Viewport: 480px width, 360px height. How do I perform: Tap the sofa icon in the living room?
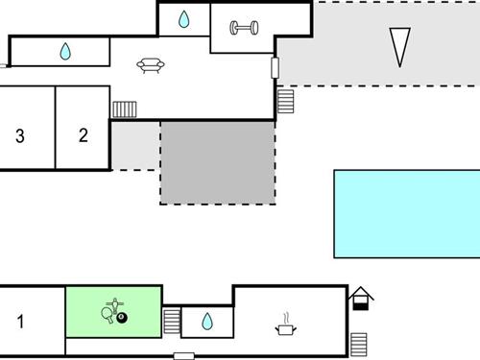150,65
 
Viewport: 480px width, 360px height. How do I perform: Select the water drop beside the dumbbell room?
183,19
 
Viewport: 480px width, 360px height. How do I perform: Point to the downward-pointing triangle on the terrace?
399,46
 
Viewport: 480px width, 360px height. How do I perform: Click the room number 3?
20,136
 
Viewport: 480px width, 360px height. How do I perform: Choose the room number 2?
83,135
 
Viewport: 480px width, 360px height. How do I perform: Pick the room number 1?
21,323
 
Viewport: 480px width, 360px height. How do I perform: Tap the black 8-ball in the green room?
123,318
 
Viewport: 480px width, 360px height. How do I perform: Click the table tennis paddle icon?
108,312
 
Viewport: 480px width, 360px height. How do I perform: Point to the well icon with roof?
361,299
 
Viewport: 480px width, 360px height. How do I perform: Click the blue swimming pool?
406,214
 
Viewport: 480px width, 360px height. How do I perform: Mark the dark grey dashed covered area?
217,162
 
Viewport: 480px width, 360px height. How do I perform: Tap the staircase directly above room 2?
125,109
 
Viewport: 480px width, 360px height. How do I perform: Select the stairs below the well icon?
359,343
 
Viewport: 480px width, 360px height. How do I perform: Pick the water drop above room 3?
65,52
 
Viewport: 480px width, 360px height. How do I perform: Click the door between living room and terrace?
276,68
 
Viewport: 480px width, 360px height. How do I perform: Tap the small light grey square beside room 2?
134,146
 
